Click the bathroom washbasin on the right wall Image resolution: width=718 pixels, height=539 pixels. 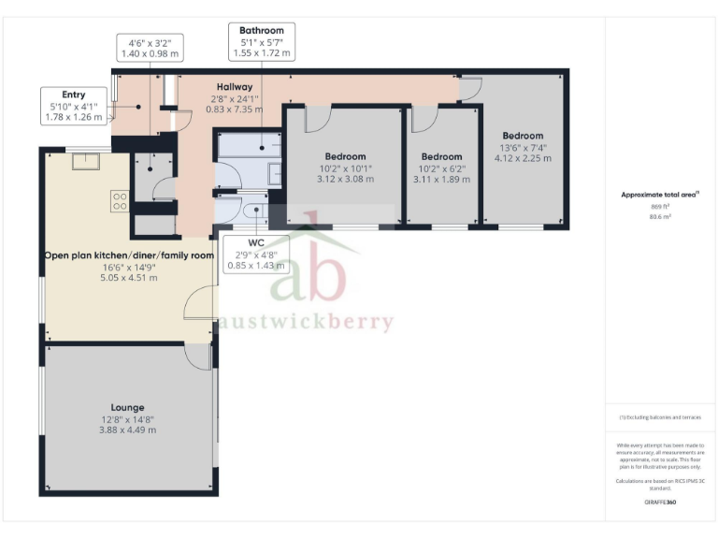coord(274,176)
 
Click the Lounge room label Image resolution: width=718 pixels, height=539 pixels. coord(127,407)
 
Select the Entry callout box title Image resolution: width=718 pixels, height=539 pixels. coord(73,95)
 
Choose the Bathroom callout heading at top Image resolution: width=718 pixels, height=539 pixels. coord(261,31)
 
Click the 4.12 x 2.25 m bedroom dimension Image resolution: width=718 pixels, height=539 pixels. coord(522,159)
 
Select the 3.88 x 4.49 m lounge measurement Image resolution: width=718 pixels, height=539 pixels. coord(127,430)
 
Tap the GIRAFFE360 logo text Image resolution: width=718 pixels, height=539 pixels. coord(659,503)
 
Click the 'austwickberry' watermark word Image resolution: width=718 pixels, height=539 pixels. coord(306,322)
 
